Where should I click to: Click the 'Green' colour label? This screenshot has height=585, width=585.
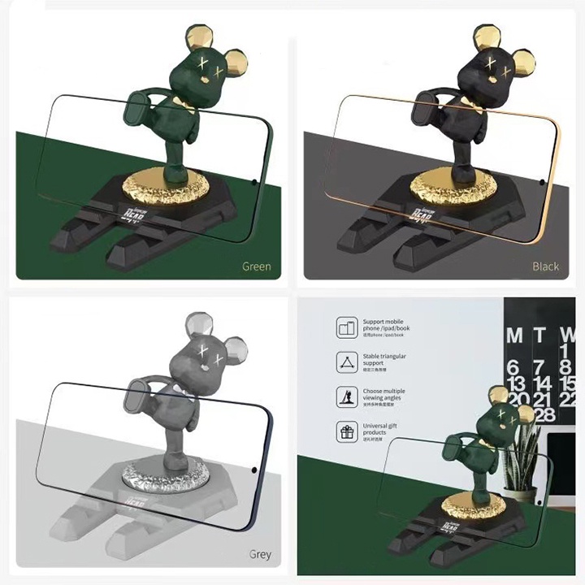click(256, 266)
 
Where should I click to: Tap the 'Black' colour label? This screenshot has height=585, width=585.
click(545, 266)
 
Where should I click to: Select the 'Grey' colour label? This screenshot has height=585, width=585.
click(259, 556)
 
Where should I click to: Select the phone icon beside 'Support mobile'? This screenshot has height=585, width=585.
click(347, 327)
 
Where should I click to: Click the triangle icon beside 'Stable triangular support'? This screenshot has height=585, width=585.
click(347, 362)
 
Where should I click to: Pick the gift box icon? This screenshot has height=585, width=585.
click(347, 431)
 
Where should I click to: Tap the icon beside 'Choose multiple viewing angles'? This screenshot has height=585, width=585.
click(347, 396)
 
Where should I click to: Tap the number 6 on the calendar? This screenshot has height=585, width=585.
click(514, 366)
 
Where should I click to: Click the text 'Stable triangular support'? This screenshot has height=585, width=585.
click(385, 360)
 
